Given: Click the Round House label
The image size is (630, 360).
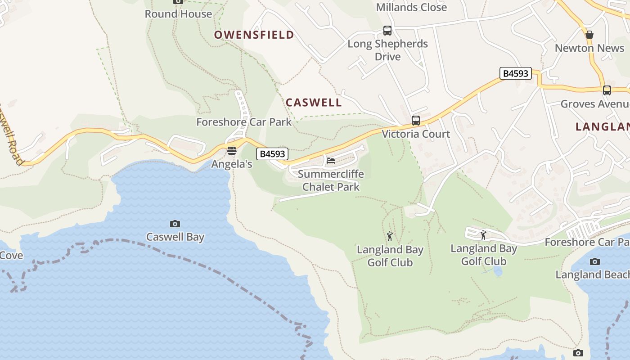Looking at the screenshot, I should (178, 14).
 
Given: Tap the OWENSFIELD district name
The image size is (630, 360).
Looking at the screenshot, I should (254, 35).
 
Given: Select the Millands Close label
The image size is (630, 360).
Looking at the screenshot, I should (411, 7).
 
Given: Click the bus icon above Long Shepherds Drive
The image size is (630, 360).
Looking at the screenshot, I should (387, 31).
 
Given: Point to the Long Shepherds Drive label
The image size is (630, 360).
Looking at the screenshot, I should (387, 50).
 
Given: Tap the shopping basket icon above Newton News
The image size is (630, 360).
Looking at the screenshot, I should (589, 35).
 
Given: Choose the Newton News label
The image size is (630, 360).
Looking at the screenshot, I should (589, 48).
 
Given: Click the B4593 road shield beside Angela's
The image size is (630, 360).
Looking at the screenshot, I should (272, 154).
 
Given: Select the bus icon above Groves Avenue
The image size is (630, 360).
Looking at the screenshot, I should (607, 90).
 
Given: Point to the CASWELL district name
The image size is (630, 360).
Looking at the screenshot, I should (314, 103).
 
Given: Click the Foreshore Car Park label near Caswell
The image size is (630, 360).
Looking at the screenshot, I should (244, 122).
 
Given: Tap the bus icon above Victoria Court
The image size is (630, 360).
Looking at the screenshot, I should (416, 121).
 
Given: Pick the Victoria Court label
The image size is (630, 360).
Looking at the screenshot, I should (416, 134).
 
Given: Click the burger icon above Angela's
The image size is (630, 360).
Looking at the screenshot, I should (232, 151).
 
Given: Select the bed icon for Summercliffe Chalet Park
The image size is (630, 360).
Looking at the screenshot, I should (331, 161).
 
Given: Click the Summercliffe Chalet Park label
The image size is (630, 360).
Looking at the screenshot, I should (331, 180).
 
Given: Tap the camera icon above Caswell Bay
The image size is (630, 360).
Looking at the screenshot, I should (175, 224).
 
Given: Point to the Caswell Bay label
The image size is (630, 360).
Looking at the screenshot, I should (175, 237).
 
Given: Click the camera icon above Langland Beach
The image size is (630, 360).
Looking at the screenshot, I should (595, 261).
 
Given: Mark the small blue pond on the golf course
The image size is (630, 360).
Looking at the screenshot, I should (498, 271).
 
